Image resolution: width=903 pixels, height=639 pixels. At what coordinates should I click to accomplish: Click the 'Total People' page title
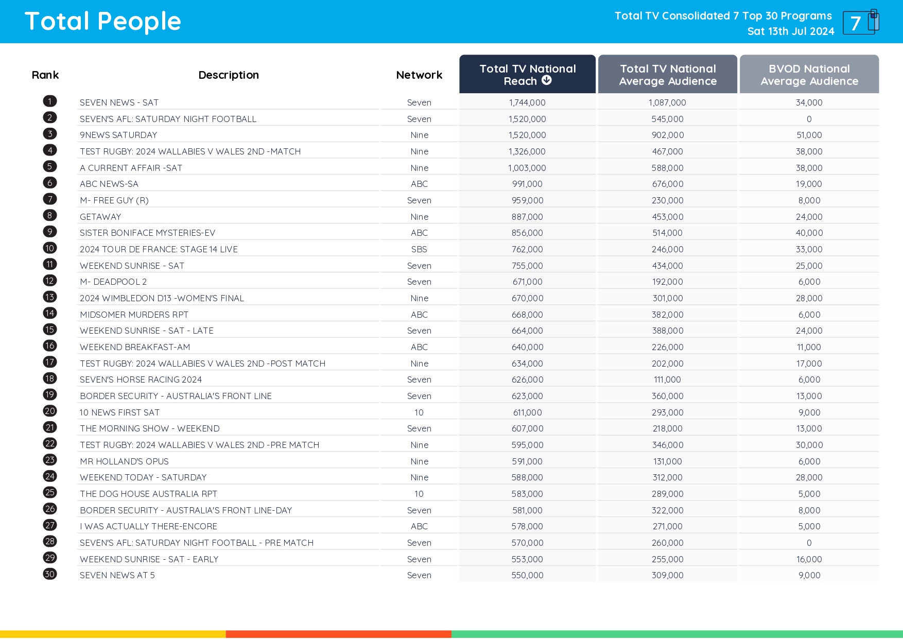coord(103,22)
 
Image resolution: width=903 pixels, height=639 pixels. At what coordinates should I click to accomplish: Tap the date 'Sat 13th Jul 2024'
coord(790,31)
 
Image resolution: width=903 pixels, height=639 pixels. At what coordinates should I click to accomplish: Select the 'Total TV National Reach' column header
coord(527,74)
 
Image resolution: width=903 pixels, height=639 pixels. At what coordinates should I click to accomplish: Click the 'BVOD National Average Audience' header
coord(809,75)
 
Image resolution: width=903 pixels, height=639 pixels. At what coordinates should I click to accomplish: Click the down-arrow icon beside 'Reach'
coord(547,80)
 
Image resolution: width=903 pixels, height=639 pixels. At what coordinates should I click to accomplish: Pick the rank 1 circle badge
coord(50,101)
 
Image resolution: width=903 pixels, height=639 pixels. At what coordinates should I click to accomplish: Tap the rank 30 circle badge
coord(50,574)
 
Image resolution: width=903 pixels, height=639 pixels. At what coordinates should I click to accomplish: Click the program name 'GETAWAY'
coord(100,217)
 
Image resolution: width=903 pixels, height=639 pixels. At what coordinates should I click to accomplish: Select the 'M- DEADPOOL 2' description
coord(113,282)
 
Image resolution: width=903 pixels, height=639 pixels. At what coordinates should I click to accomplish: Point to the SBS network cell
coord(419,249)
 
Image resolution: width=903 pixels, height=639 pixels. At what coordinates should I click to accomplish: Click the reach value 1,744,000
coord(527,102)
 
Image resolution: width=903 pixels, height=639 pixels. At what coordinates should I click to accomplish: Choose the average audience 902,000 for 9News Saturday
coord(667,135)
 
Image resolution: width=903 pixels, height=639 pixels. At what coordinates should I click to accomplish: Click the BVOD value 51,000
coord(809,135)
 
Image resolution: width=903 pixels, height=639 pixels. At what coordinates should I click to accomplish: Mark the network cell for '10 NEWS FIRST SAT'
coord(419,412)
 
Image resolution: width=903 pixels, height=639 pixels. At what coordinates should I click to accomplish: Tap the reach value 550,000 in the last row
coord(527,575)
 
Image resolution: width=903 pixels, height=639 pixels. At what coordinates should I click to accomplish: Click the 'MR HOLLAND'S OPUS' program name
coord(124,461)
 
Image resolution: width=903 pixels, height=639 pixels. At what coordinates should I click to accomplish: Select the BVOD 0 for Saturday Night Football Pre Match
coord(809,543)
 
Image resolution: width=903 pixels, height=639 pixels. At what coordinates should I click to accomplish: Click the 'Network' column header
coord(419,75)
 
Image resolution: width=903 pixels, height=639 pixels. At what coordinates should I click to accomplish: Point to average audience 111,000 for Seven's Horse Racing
coord(667,379)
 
